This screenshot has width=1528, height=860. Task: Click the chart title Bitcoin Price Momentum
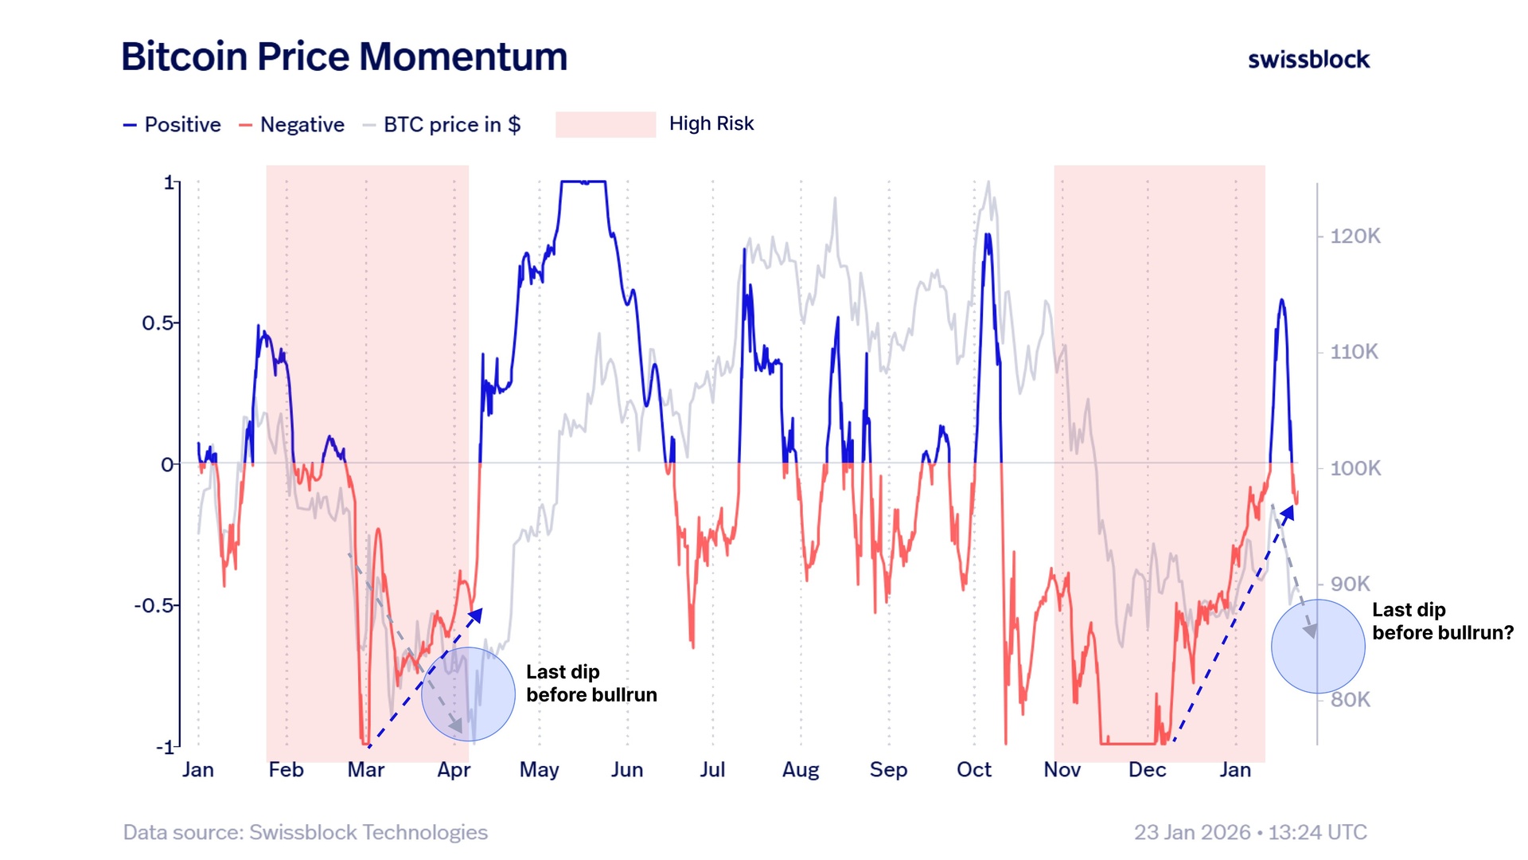(344, 57)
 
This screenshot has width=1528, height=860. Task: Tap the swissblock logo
(1308, 60)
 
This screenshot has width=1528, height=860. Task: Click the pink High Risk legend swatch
(605, 124)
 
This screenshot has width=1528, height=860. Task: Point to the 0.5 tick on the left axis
(157, 323)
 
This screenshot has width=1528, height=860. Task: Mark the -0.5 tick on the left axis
(154, 605)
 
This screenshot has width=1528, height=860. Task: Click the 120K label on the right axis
(1355, 236)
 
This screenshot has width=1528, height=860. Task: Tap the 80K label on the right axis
(1351, 700)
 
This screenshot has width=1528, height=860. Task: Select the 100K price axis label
(1355, 468)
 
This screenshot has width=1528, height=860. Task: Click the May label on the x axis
(539, 770)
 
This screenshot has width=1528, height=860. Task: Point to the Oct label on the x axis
(973, 770)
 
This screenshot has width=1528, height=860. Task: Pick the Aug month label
(800, 770)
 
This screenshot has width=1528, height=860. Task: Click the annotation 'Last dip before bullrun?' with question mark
(1442, 621)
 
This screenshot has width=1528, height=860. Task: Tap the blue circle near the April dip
(468, 694)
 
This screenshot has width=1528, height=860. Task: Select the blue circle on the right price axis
(1318, 646)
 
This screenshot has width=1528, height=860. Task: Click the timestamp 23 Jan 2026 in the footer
(1249, 832)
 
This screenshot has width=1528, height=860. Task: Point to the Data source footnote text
(305, 832)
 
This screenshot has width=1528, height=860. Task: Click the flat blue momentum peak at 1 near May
(583, 182)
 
